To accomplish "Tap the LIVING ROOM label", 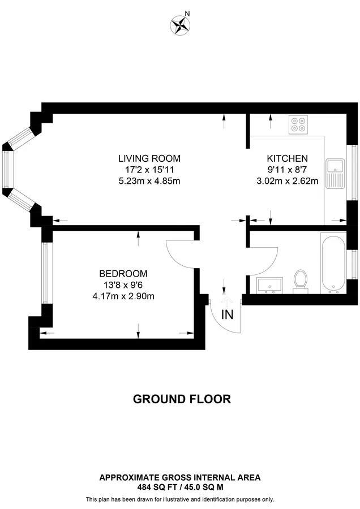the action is [149, 158].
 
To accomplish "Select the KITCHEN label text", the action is [287, 158].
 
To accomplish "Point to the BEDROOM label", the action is [123, 274].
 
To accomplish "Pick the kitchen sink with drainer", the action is [336, 174].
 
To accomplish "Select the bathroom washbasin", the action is [270, 286].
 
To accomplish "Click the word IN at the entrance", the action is [228, 314].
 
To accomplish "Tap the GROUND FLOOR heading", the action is [182, 399].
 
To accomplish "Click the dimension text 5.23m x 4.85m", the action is [149, 181].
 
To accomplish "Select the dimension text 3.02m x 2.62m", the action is [287, 181].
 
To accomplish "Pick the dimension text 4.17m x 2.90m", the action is [123, 296].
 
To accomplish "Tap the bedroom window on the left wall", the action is [45, 273].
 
